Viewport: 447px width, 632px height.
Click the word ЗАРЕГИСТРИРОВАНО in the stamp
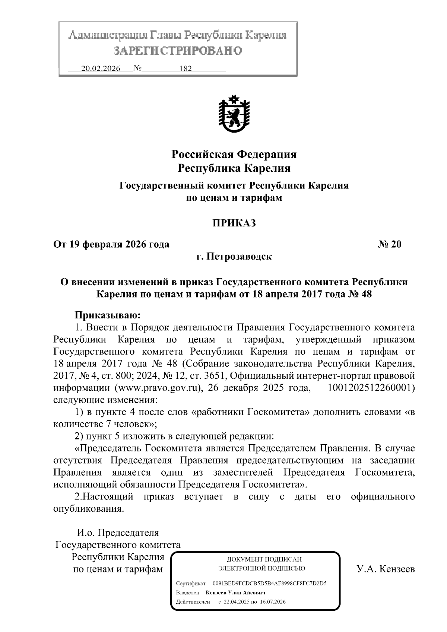[x=178, y=51]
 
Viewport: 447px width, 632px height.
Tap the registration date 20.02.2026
[x=101, y=69]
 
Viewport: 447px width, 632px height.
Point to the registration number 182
[x=185, y=69]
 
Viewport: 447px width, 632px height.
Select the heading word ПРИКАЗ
[x=234, y=223]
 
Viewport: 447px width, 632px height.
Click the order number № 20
[x=390, y=244]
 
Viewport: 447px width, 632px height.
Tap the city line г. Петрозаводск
[x=234, y=257]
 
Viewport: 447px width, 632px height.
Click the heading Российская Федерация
[x=234, y=154]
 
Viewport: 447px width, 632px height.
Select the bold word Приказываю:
[x=108, y=315]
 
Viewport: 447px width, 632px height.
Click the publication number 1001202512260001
[x=371, y=388]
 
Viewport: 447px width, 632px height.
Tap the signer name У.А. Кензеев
[x=386, y=569]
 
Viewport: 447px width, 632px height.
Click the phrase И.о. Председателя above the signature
[x=118, y=533]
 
